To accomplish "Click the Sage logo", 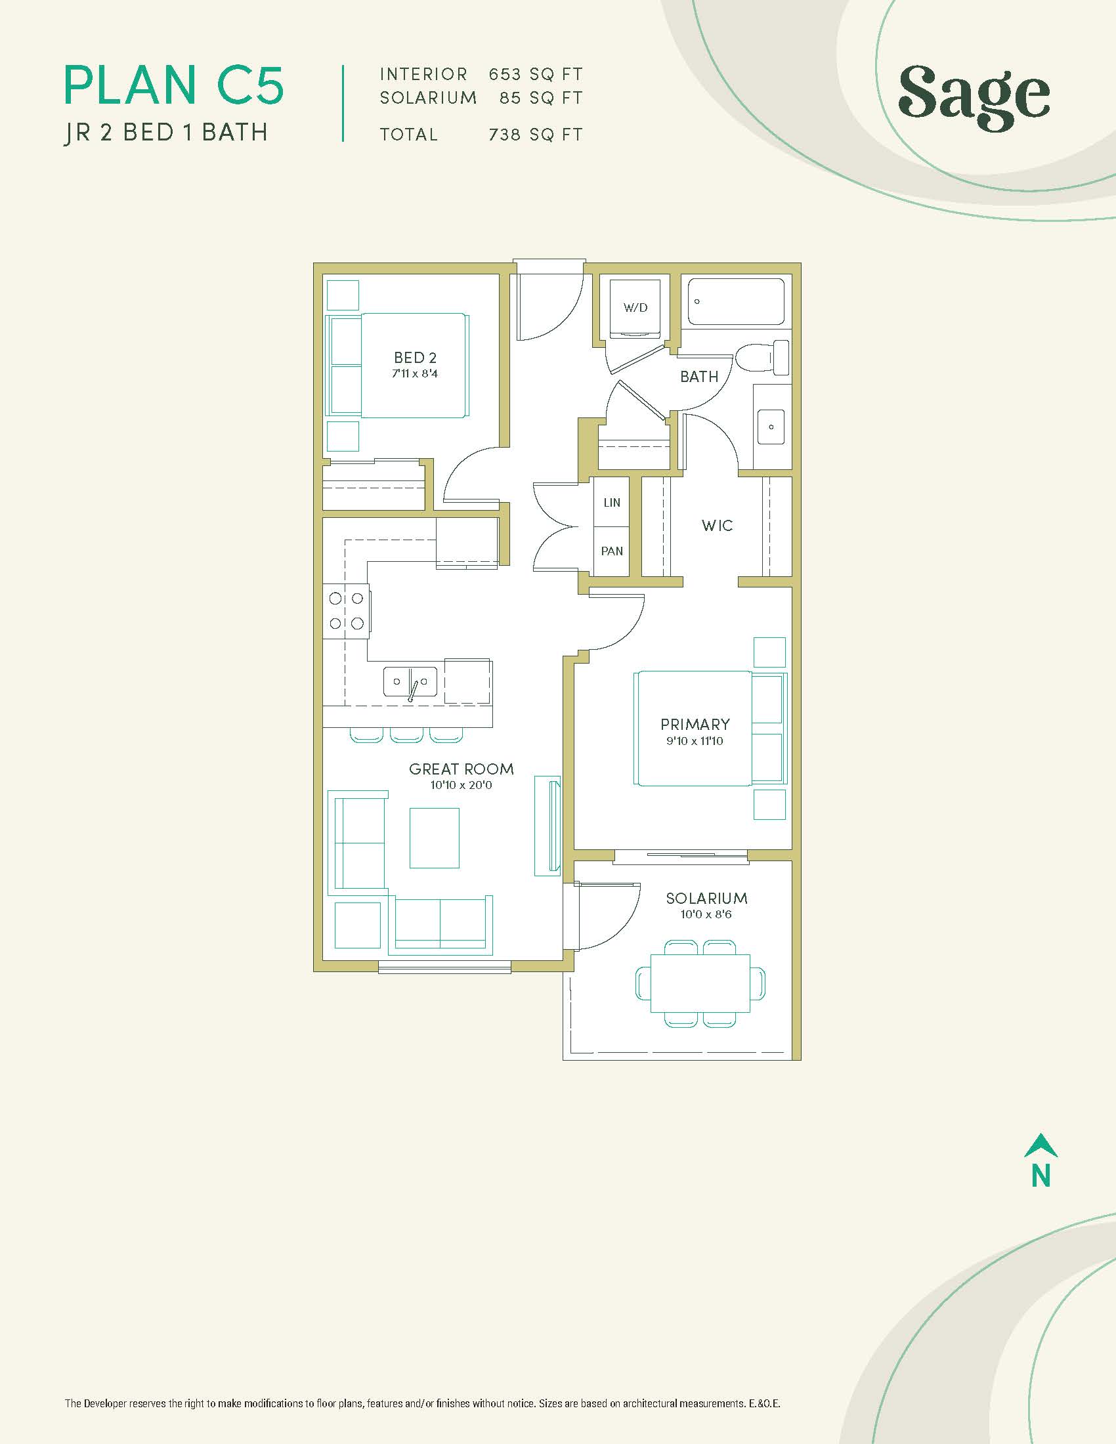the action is point(974,97).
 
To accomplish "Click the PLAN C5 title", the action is point(174,85).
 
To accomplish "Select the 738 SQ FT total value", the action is point(536,135).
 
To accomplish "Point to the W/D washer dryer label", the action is point(635,307).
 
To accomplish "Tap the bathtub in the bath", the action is point(736,301).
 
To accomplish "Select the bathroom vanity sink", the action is point(771,427).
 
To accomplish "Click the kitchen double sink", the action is point(410,682).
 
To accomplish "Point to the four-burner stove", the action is point(346,611).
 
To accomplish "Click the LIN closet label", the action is point(612,503).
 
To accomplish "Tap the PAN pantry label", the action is point(612,551).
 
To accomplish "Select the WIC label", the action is point(718,526).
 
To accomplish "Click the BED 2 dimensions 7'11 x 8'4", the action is point(415,373).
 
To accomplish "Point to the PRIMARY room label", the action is point(695,724).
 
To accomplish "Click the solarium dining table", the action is point(700,983).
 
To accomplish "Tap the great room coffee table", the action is point(435,838).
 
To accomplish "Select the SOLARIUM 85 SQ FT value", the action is point(541,98).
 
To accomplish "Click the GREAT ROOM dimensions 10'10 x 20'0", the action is point(461,786).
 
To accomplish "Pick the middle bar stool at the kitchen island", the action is point(406,734).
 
